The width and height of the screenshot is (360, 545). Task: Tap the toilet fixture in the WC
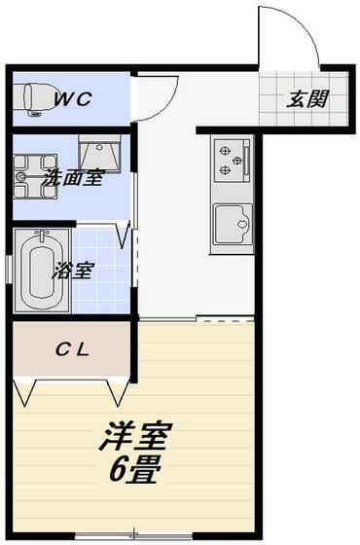tap(32, 96)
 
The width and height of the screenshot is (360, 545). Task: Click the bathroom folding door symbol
tap(124, 235)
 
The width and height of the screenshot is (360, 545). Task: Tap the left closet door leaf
tap(25, 392)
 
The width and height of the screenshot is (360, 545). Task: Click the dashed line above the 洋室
tap(228, 319)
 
